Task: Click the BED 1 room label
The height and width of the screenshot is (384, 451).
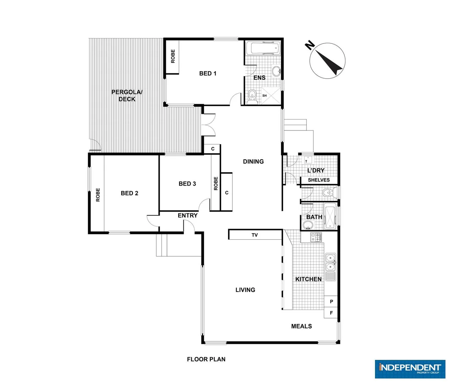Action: tap(208, 73)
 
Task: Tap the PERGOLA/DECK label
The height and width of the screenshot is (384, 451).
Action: tap(127, 96)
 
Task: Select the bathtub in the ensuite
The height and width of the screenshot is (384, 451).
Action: tap(263, 48)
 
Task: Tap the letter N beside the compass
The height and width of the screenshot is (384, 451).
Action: tap(310, 45)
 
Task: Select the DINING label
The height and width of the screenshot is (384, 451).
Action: tap(253, 161)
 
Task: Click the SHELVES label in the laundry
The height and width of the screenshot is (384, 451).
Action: tap(319, 180)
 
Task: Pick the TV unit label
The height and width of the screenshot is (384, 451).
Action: tap(255, 235)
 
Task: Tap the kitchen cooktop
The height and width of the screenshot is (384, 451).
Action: tap(316, 237)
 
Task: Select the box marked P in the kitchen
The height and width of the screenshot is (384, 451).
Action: tap(331, 302)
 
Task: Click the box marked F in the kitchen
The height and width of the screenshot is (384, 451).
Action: tap(331, 313)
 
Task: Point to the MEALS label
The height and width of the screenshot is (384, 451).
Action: tap(301, 326)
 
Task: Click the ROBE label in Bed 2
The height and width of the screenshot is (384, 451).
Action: tap(98, 195)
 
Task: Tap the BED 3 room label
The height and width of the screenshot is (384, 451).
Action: tap(187, 183)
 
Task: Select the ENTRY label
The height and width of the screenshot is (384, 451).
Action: tap(188, 215)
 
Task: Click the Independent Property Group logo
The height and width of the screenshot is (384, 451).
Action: tap(410, 369)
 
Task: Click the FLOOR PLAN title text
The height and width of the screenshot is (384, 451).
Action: tap(206, 359)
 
